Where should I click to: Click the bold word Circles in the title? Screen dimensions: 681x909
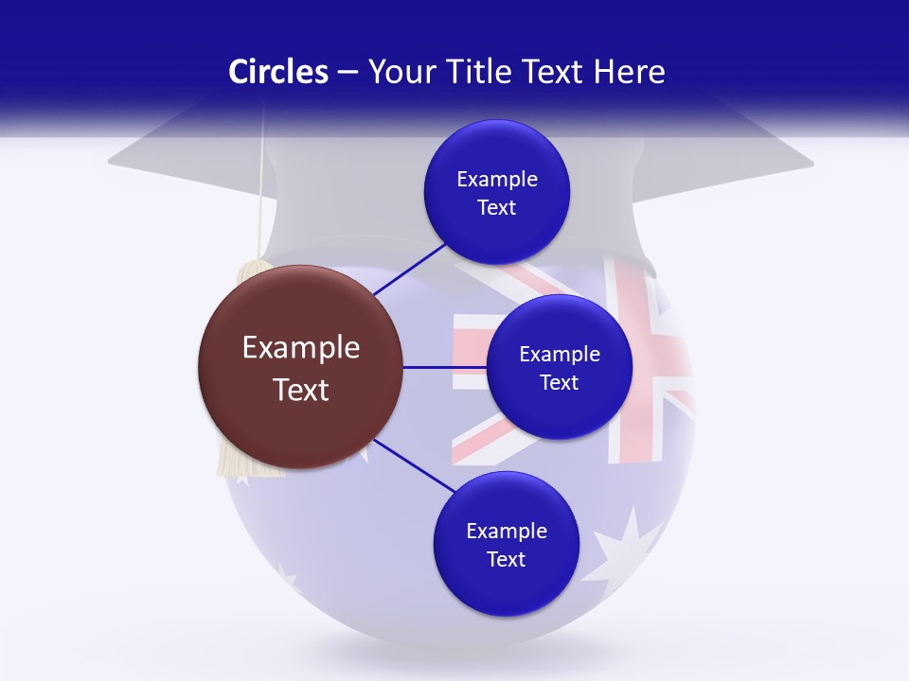click(x=277, y=72)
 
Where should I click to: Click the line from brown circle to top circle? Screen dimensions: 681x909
click(x=409, y=269)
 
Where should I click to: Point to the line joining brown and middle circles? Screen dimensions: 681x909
click(x=444, y=367)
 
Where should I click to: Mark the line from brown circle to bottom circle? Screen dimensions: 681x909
click(x=414, y=465)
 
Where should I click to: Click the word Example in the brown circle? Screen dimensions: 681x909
click(x=300, y=348)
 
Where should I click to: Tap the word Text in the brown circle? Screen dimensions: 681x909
click(x=300, y=390)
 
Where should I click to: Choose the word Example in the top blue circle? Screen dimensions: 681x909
click(x=496, y=180)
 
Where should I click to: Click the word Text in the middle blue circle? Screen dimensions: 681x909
click(x=559, y=383)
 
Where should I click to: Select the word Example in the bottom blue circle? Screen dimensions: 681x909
click(x=506, y=532)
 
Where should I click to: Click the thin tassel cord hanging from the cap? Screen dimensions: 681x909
click(x=260, y=189)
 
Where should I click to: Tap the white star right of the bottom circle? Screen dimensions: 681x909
click(x=620, y=553)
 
